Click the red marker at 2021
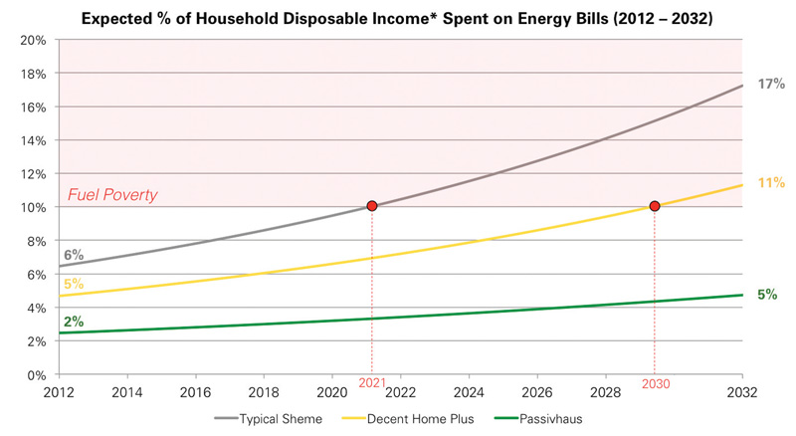coord(371,206)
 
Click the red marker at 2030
coord(654,206)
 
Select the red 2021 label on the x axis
coord(371,383)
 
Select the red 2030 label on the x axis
coord(654,383)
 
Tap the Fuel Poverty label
coord(112,195)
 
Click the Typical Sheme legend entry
coord(281,419)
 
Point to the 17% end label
coord(771,85)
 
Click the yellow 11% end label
coord(771,183)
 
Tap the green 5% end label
coord(767,295)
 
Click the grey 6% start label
coord(74,256)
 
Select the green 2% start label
coord(74,322)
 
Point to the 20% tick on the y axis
coord(33,40)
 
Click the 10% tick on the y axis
coord(33,207)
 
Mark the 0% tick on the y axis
coord(36,375)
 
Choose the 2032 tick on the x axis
coord(742,393)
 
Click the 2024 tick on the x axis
coord(470,393)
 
